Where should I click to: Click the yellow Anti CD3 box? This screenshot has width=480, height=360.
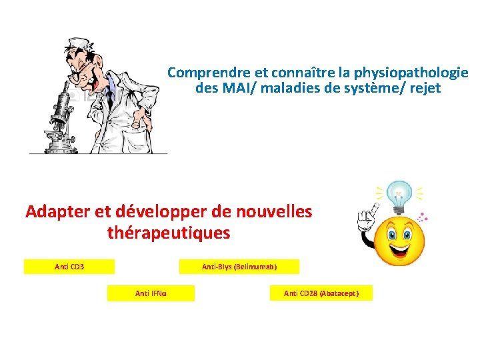click(x=69, y=267)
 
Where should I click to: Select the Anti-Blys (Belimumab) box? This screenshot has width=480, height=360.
click(x=239, y=267)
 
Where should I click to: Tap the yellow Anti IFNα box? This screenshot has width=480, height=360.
click(x=151, y=293)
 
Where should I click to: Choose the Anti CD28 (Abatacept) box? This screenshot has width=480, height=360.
click(x=321, y=293)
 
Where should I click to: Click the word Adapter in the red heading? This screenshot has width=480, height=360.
click(x=59, y=212)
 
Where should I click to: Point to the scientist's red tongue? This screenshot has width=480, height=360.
click(x=100, y=86)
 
